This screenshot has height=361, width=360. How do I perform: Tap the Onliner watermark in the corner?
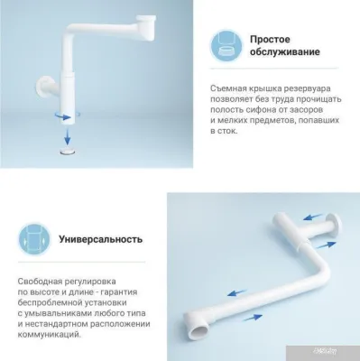coord(342,352)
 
